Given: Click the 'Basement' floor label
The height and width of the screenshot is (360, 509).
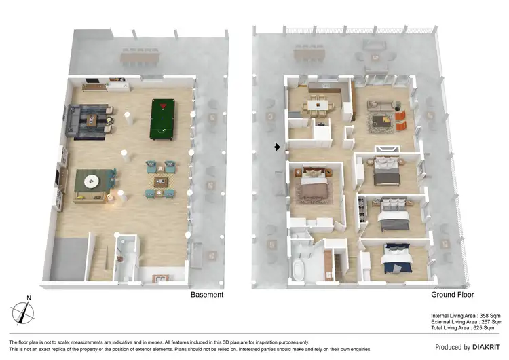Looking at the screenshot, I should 207,295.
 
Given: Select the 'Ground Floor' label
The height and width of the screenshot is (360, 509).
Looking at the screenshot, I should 453,295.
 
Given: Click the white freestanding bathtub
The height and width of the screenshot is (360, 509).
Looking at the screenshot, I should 300,270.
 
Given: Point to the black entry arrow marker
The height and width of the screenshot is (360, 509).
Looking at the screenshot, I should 277,146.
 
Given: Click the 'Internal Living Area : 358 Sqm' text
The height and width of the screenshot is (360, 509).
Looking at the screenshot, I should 465,316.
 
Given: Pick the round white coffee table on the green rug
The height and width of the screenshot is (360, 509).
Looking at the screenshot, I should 91,181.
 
